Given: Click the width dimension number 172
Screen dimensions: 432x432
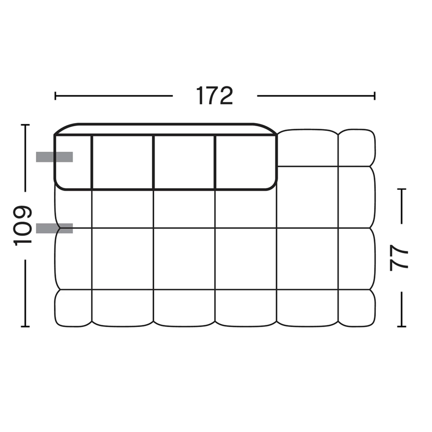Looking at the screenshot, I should point(214,96).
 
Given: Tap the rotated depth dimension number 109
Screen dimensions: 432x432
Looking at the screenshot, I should point(22,226).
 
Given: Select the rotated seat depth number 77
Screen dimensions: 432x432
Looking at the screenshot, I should point(399,257).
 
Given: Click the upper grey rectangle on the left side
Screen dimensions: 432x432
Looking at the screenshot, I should point(54,157).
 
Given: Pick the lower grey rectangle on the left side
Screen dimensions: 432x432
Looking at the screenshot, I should point(54,228).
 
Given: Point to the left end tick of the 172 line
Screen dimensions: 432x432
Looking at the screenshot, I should point(55,96).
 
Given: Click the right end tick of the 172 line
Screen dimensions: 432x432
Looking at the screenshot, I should point(374,96).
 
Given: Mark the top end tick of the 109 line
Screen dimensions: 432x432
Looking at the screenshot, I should point(25,125).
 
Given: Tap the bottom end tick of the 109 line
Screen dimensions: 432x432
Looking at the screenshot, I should point(25,326).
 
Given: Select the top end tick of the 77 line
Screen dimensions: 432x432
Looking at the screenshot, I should point(401,189).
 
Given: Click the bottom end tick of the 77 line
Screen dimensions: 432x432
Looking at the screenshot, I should point(401,326).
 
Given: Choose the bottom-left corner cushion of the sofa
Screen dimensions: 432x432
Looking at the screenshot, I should point(73,308).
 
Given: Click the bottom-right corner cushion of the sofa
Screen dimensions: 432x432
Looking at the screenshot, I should point(357,308).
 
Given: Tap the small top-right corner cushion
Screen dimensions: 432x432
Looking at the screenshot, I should point(357,148).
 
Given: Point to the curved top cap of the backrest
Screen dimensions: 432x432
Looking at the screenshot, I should point(164,129).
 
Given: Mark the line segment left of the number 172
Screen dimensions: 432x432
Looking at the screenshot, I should point(114,96).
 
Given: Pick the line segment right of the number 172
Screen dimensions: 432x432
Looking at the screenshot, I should point(315,96).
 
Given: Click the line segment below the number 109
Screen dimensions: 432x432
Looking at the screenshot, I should point(25,292).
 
